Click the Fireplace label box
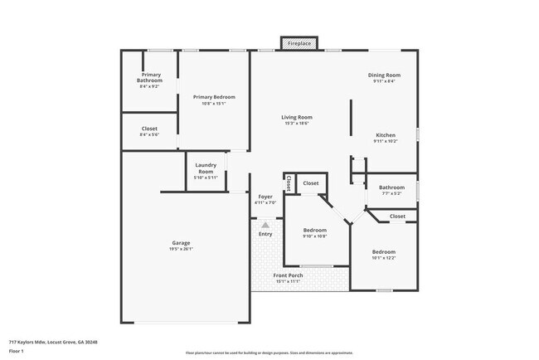[x=299, y=43]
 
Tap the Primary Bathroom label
[x=150, y=77]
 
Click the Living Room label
[x=296, y=117]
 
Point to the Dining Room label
[x=385, y=75]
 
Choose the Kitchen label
[x=386, y=134]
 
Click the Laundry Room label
[x=206, y=168]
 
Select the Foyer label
[x=265, y=197]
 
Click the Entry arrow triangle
[x=265, y=224]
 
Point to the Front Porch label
[x=289, y=275]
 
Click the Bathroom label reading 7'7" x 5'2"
[x=391, y=187]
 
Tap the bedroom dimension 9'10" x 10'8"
[x=314, y=236]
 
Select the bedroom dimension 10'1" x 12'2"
[x=383, y=257]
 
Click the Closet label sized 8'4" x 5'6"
[x=149, y=134]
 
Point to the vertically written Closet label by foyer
[x=288, y=182]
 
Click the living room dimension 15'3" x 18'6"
[x=296, y=123]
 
